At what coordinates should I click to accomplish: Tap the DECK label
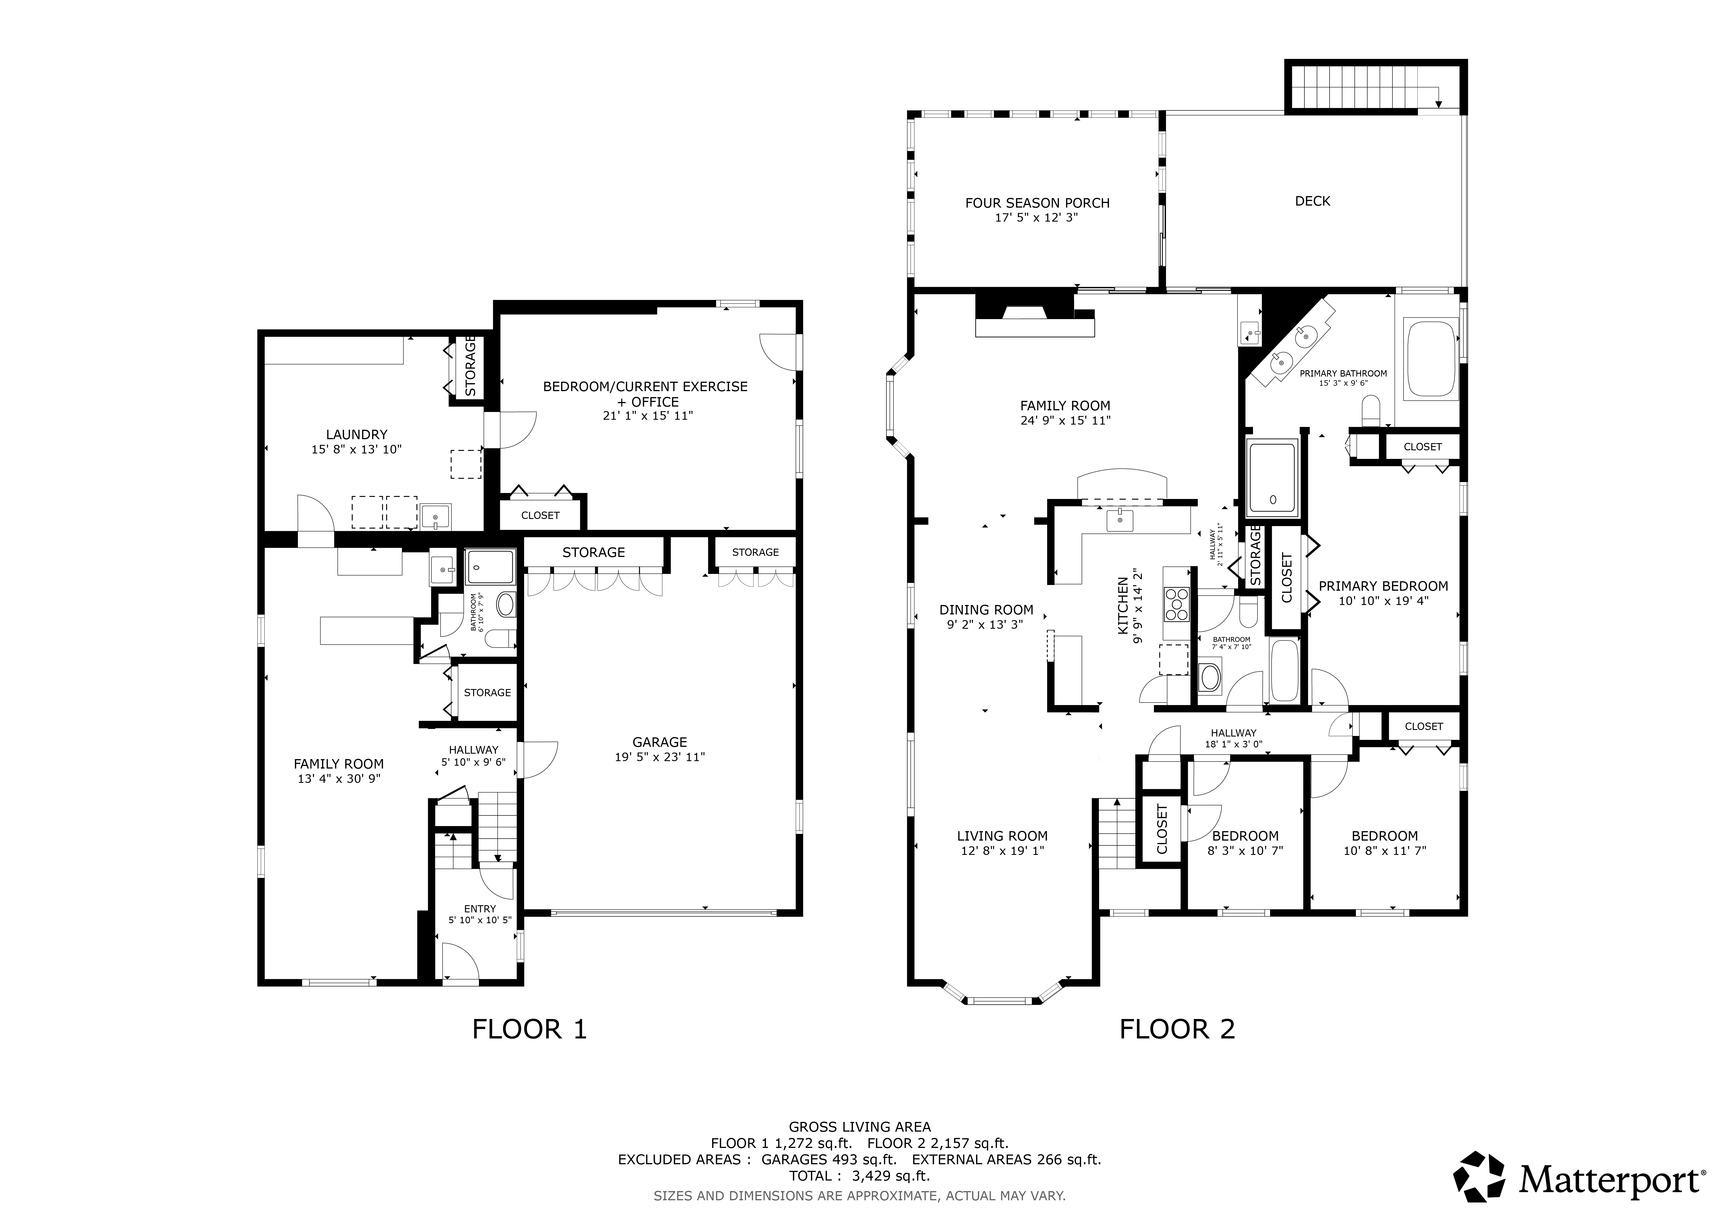(x=1312, y=201)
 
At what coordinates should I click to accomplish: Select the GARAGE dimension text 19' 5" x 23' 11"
(x=660, y=757)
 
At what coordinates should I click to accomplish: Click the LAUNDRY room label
(x=357, y=434)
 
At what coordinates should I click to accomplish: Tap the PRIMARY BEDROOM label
(x=1383, y=586)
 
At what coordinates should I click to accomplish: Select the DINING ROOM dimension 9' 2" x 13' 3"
(x=986, y=624)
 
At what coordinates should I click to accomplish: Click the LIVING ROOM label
(x=1002, y=836)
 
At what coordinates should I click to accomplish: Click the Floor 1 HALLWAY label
(x=473, y=750)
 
